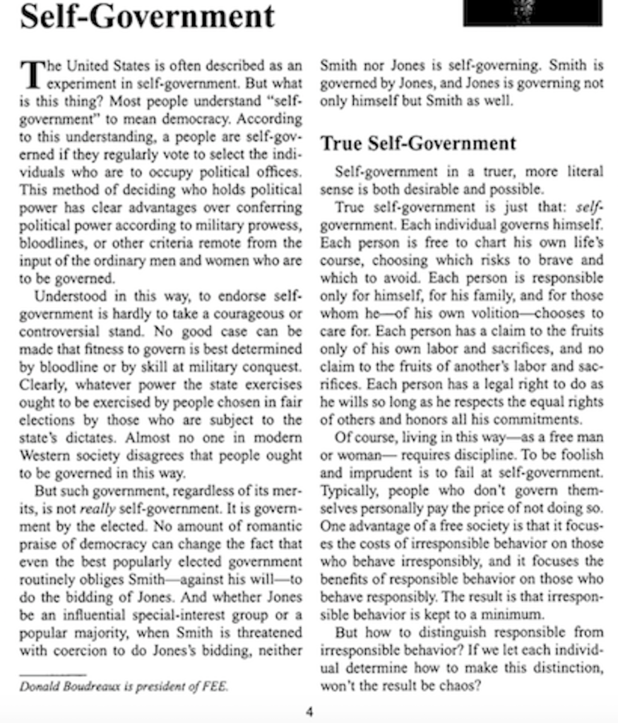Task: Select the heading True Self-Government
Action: (418, 143)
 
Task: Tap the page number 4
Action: (309, 711)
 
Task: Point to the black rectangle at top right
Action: (533, 12)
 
